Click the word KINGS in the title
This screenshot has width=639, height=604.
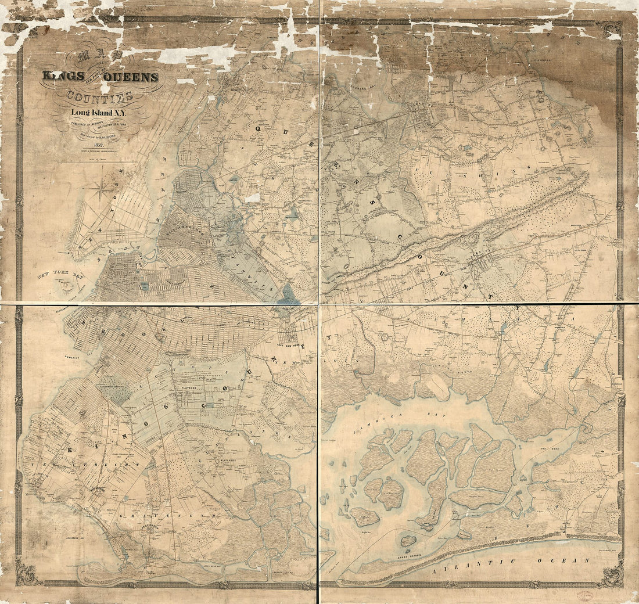(60, 76)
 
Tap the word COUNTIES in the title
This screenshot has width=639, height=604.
(99, 96)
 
